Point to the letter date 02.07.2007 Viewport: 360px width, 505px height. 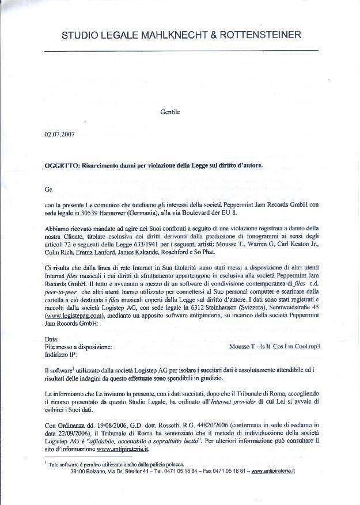click(59, 137)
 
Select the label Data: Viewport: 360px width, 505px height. click(51, 339)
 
